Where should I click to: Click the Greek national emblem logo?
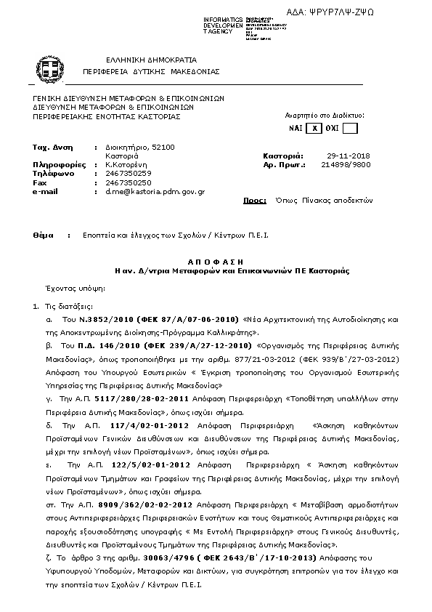pos(49,70)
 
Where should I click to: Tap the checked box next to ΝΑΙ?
pos(314,129)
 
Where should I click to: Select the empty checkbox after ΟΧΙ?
pos(350,129)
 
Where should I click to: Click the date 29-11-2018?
pos(349,156)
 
